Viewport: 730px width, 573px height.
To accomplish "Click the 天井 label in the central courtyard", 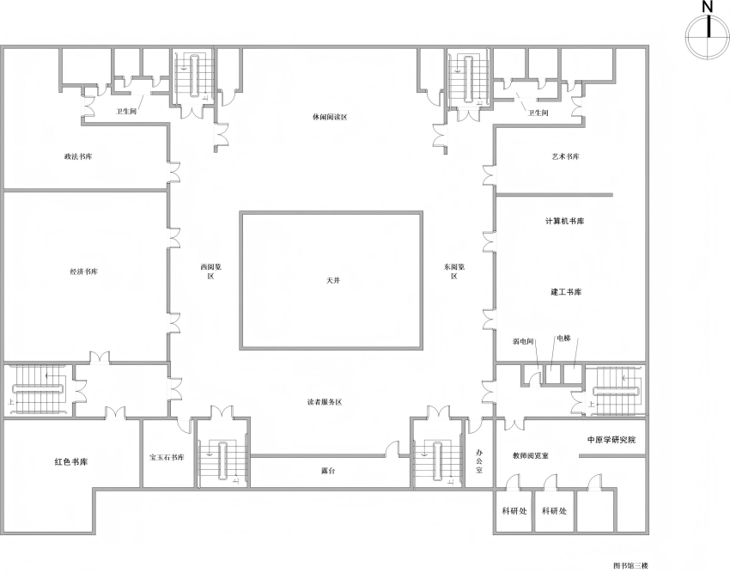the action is (333, 280).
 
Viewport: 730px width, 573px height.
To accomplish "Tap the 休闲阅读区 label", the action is (330, 117).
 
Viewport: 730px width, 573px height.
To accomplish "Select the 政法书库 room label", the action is (78, 156).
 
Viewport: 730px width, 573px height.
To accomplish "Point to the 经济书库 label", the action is (84, 271).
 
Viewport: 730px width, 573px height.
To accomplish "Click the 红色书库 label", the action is (71, 462).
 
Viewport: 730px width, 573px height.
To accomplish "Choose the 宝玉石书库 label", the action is (167, 458).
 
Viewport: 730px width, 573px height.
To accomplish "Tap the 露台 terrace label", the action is (328, 471).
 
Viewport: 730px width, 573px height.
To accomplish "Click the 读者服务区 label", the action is (325, 402).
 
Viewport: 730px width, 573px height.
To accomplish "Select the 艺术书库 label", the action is (565, 156).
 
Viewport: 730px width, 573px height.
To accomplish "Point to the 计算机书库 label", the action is (565, 221).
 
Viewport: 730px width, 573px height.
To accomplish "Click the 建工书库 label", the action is (566, 292).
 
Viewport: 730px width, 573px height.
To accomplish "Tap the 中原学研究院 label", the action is (611, 440).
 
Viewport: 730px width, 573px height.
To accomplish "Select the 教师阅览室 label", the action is (530, 455).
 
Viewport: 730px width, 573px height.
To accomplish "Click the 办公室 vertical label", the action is (479, 461).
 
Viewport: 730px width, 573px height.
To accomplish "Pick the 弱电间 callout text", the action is (522, 341).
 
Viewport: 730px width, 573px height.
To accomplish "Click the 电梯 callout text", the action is (563, 338).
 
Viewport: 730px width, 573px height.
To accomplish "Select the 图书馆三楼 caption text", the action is (630, 566).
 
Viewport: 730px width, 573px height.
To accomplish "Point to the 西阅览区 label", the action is (211, 271).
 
